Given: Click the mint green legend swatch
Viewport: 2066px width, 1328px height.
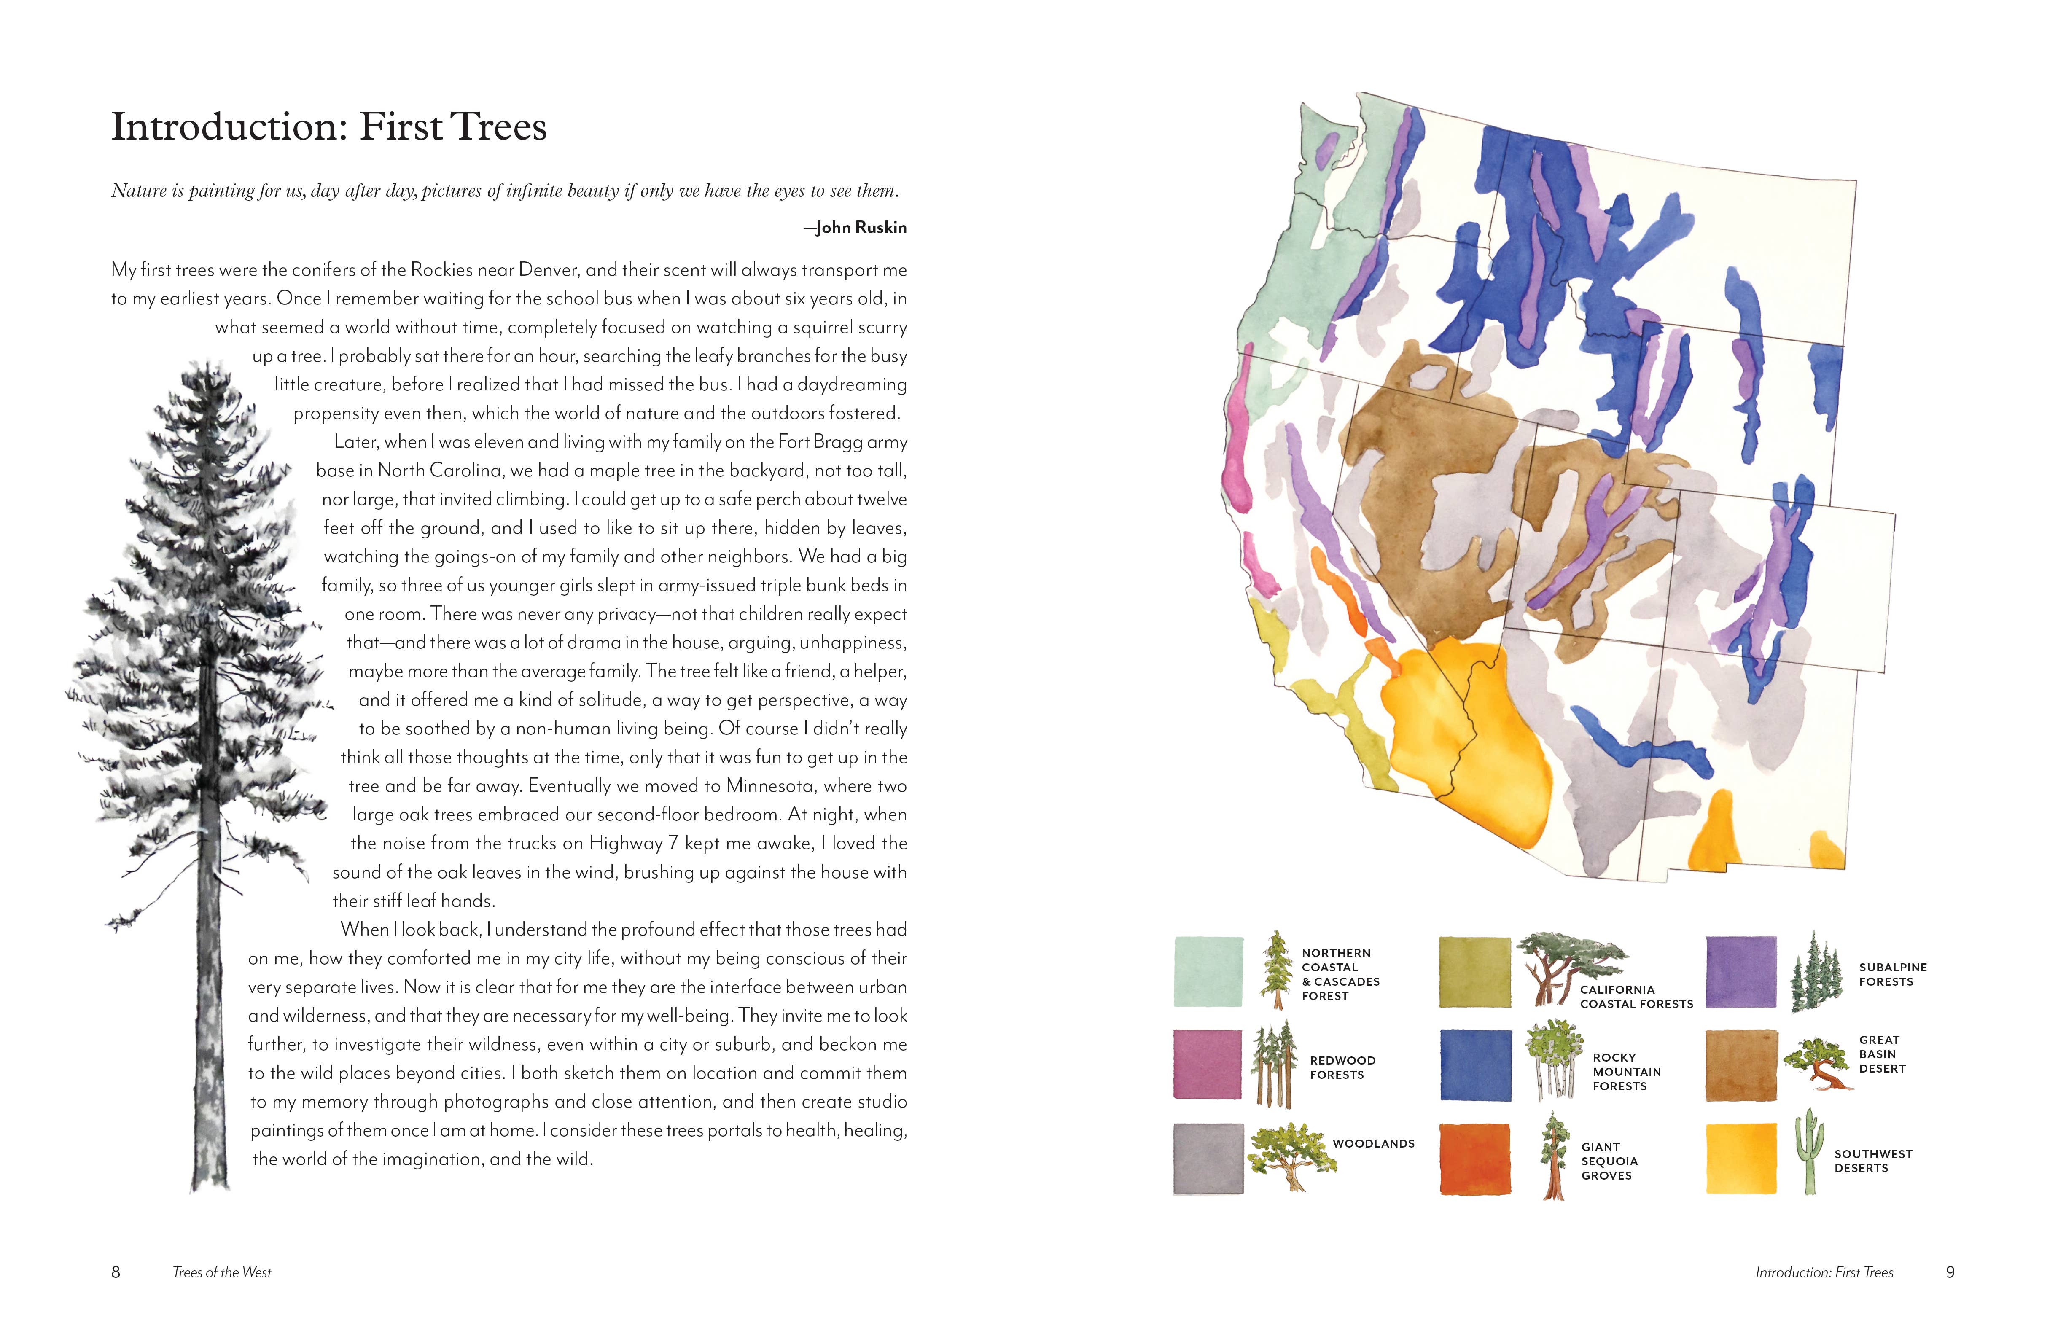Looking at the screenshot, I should click(x=1208, y=972).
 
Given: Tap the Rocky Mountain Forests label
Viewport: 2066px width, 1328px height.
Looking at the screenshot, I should click(x=1626, y=1072).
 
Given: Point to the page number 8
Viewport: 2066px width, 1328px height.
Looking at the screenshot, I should click(x=116, y=1272).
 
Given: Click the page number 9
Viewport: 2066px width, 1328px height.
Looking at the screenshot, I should click(x=1950, y=1272).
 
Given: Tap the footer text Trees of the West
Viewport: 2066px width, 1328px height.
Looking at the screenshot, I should click(x=222, y=1272).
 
